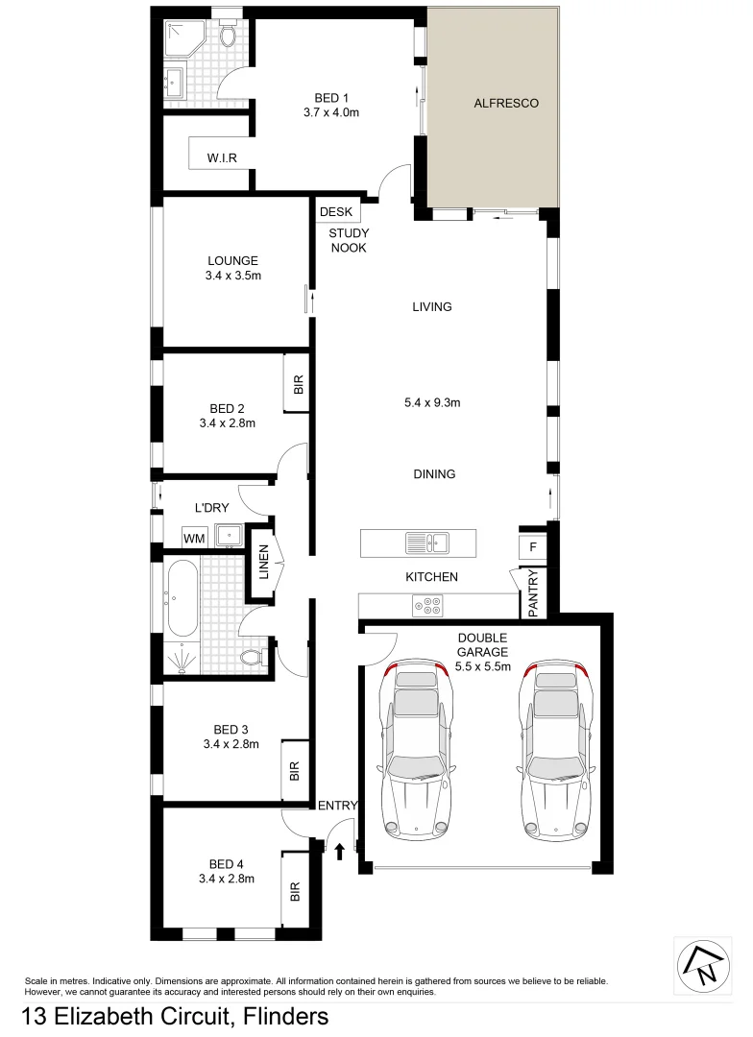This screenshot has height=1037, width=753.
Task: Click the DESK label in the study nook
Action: coord(336,212)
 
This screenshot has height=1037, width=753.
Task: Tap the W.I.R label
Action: coord(222,157)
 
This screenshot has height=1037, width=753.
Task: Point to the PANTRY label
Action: coord(534,593)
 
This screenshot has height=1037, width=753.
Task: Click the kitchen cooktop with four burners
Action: coord(427,605)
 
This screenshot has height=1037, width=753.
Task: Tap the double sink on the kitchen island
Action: coord(427,543)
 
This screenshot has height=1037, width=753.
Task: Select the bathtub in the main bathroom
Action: coord(182,600)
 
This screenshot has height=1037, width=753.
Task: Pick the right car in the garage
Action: coord(556,746)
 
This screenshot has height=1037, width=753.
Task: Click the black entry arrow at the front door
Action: coord(339,850)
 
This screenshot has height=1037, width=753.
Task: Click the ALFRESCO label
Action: coord(506,103)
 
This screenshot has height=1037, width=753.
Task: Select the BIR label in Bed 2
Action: coord(298,385)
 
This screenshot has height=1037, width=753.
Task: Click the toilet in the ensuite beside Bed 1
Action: coord(228,36)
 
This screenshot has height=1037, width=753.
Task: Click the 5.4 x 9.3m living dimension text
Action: coord(432,403)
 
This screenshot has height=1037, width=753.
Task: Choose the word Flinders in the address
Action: coord(285,1016)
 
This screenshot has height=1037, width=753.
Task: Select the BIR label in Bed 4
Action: coord(295,892)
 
